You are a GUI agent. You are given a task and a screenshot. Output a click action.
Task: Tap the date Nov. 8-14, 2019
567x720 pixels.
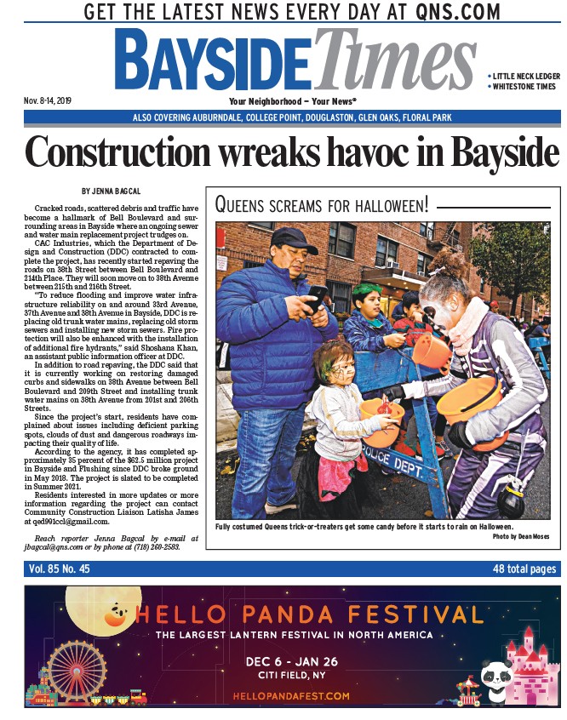50,101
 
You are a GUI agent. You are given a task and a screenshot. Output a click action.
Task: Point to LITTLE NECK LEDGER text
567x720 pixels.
524,77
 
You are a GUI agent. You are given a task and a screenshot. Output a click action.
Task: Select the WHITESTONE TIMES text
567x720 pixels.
524,87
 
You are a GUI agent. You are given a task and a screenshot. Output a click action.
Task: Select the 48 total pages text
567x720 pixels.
524,569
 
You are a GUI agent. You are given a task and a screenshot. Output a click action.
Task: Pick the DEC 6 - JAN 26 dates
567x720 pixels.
293,660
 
